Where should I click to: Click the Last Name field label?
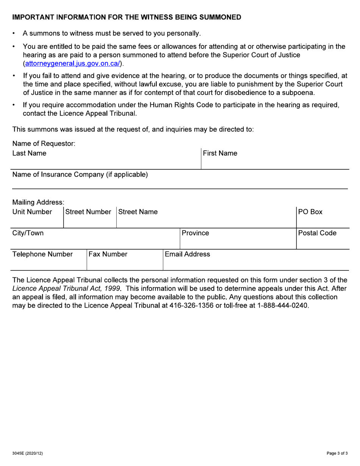30,153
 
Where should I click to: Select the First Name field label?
220,153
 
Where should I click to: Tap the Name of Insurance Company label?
80,175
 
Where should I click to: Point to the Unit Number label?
32,212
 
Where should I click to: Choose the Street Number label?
88,212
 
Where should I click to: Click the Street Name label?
138,212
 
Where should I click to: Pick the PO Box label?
310,212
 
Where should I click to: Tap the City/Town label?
28,233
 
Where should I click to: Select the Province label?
195,233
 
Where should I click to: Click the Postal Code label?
318,233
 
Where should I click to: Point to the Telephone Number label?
42,254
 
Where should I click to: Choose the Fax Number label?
108,254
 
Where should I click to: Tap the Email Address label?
188,254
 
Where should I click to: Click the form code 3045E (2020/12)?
30,453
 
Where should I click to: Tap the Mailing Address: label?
38,203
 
